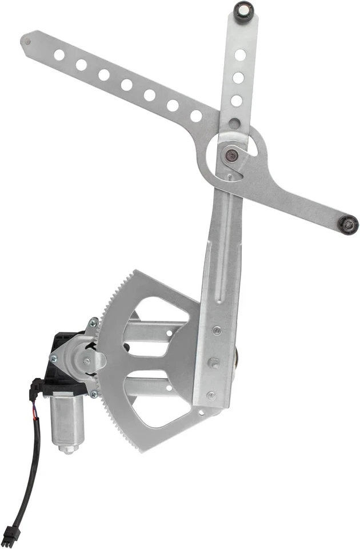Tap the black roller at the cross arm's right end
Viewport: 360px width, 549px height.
click(x=347, y=224)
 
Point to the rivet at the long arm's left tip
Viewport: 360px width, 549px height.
click(x=26, y=40)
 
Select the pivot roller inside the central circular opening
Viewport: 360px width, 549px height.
click(x=231, y=153)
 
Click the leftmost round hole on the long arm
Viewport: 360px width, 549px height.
click(x=59, y=55)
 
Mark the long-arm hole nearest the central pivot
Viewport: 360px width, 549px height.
click(x=196, y=116)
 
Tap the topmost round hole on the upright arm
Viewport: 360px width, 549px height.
click(x=241, y=55)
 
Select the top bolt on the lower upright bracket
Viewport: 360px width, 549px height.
click(x=217, y=330)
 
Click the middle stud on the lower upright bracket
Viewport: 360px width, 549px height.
click(x=214, y=363)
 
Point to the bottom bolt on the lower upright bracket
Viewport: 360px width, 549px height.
click(x=211, y=395)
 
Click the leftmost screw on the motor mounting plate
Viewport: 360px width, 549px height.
click(x=53, y=359)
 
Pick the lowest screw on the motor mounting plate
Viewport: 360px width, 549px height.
click(x=94, y=393)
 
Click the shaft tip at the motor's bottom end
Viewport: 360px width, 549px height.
click(x=68, y=449)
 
